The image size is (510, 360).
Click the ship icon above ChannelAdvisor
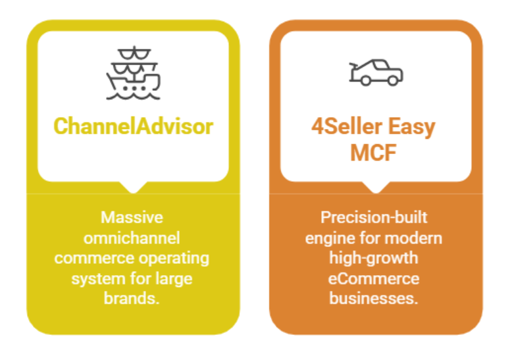133,73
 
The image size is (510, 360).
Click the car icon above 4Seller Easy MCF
376,73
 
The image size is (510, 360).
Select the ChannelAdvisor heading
133,126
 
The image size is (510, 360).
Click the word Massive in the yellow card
132,217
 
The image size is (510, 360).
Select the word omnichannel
132,237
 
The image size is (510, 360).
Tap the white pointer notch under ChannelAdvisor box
133,187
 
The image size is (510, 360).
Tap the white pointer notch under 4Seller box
376,187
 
